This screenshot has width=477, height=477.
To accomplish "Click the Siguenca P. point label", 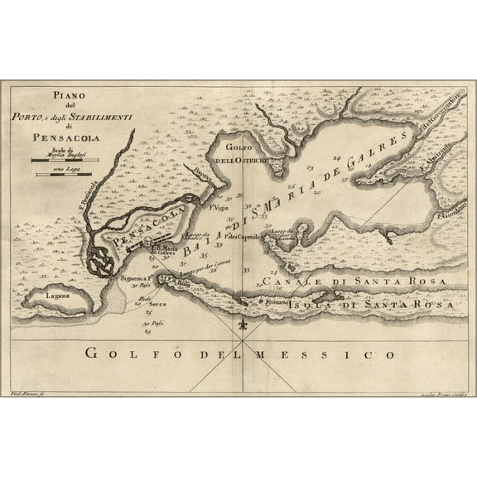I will tap(134, 279).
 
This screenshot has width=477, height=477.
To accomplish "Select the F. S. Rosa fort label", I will tap(184, 282).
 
